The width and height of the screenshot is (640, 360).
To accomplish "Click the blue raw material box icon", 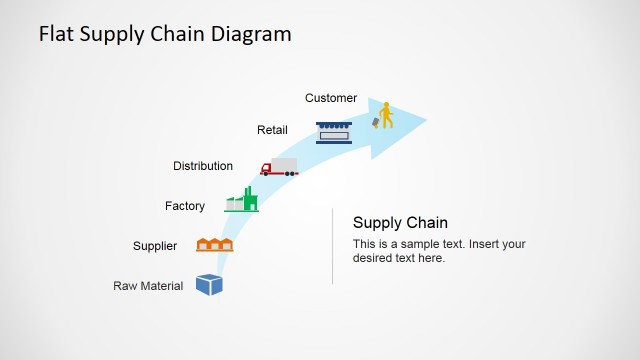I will tap(209, 285).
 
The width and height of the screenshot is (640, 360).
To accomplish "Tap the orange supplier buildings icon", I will tap(214, 244).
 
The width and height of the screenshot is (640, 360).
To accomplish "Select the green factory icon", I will tap(241, 200).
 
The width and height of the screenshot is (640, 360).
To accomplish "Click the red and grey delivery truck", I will tap(279, 167).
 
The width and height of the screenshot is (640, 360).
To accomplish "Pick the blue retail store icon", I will tap(332, 132).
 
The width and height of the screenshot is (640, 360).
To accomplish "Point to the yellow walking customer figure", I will tap(385, 115).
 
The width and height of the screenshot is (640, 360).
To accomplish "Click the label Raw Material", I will tap(148, 286).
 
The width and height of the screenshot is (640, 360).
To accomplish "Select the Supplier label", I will tap(155, 246).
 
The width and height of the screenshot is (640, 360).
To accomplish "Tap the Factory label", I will tap(185, 206).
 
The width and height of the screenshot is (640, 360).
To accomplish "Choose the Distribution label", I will tap(203, 166).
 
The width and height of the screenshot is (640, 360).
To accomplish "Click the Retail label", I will tap(272, 130).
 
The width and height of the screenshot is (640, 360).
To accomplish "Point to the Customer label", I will tap(331, 98).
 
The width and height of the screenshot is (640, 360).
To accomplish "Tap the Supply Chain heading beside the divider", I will tap(400, 222).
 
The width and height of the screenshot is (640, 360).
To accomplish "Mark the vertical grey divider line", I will tap(332, 246).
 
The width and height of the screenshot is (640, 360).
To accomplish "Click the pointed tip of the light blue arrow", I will tap(426, 121).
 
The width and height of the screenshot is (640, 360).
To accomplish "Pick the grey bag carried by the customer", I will tap(376, 122).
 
